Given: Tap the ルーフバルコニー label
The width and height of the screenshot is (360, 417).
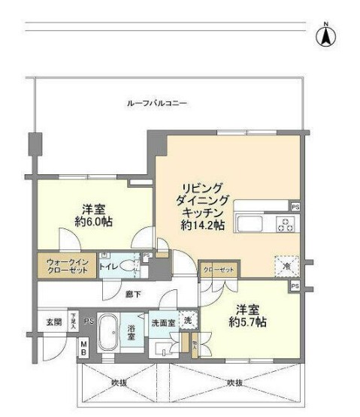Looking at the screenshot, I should point(156,103).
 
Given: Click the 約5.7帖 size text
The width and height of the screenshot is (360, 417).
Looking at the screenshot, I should point(249,322).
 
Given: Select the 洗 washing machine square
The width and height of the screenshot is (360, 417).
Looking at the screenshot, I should point(186,319).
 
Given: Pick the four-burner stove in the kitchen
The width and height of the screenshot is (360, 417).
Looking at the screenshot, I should point(284,222).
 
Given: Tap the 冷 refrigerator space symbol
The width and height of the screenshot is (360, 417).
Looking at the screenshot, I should point(286,265).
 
